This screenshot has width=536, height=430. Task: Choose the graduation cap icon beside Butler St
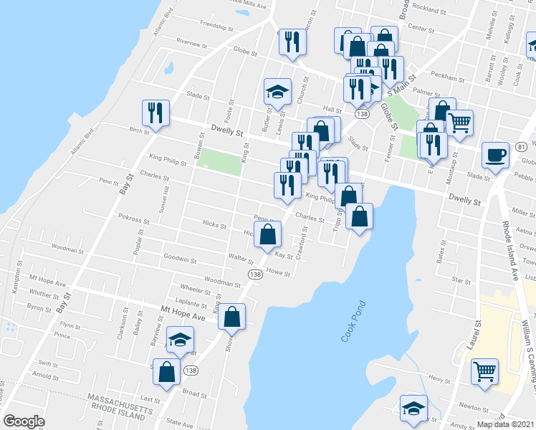pyautogui.click(x=277, y=92)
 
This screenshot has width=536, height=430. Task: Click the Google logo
pyautogui.click(x=24, y=421)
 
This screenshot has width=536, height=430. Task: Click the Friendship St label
pyautogui.click(x=217, y=26)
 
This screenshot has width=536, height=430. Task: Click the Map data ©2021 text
pyautogui.click(x=505, y=424)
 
